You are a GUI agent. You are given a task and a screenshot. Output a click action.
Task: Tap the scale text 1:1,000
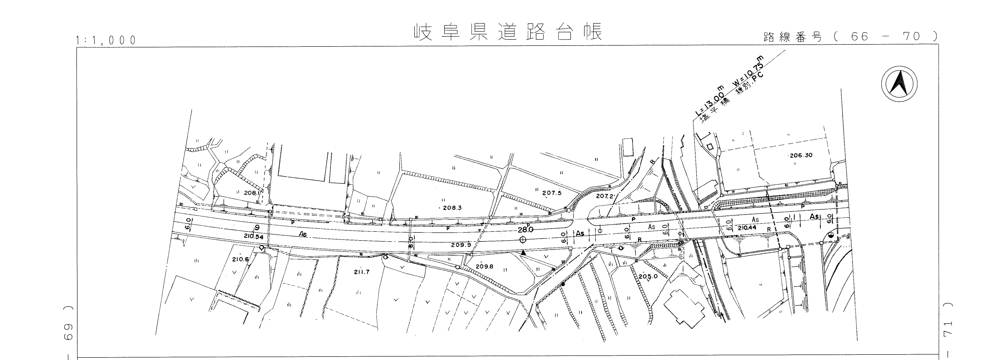pos(106,40)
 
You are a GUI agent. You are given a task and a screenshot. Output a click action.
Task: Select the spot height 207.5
pos(552,193)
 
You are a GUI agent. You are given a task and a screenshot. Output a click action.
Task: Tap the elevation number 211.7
pos(362,272)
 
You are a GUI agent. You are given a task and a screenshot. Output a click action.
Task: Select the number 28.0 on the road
pos(525,230)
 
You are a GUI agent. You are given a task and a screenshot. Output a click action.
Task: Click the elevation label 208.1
pos(252,193)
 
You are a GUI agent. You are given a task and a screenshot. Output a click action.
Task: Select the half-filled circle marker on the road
pos(831,235)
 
